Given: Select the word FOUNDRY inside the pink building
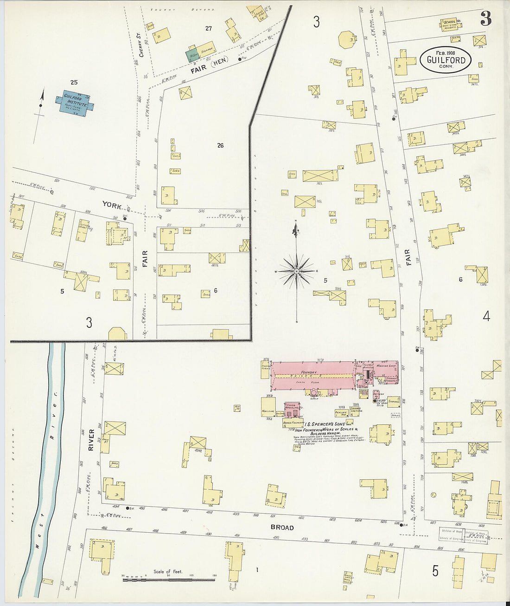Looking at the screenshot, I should (x=309, y=372).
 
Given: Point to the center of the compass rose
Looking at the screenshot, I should (x=297, y=271).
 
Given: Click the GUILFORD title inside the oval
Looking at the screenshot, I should (x=446, y=60).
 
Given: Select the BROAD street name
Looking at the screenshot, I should (x=282, y=528).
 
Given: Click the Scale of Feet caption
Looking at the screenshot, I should (x=168, y=571).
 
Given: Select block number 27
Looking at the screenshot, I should (x=209, y=28).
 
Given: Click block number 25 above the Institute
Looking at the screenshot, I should (x=74, y=82).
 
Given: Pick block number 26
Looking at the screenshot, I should (x=220, y=145).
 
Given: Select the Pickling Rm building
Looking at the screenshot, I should (x=340, y=412).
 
